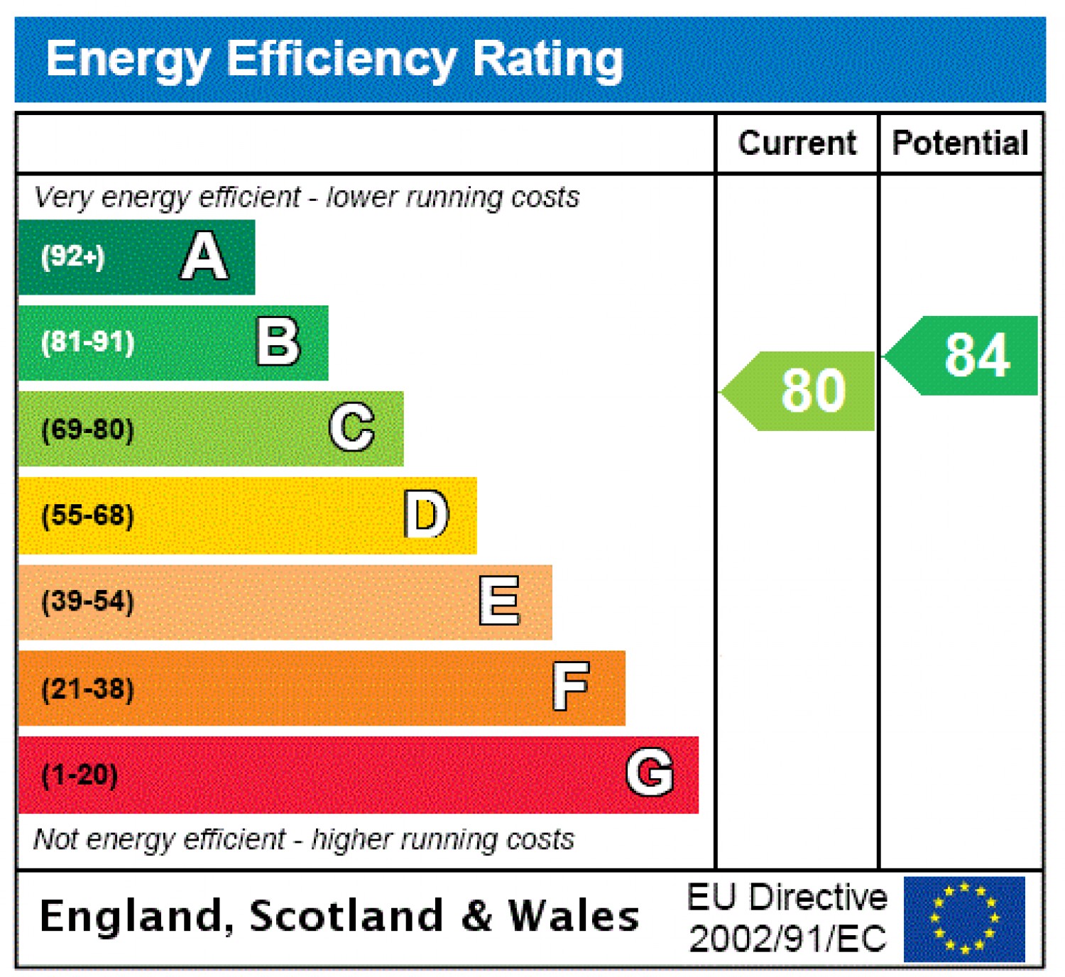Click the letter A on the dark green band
click(x=204, y=256)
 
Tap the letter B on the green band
click(x=278, y=342)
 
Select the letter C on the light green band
click(x=352, y=427)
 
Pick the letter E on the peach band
click(x=500, y=601)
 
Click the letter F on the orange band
click(x=572, y=687)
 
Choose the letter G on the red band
click(x=650, y=773)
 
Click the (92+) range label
click(x=73, y=256)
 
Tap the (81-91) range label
click(x=88, y=342)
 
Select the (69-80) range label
click(x=88, y=429)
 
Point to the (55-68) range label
click(x=88, y=515)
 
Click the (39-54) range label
click(x=88, y=601)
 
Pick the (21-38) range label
click(x=88, y=689)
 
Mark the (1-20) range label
click(x=80, y=775)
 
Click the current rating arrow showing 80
click(x=802, y=391)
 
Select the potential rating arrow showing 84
click(x=966, y=355)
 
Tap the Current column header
click(x=797, y=143)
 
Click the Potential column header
click(x=961, y=143)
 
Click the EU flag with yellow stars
click(x=964, y=919)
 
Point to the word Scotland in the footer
click(x=346, y=916)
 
